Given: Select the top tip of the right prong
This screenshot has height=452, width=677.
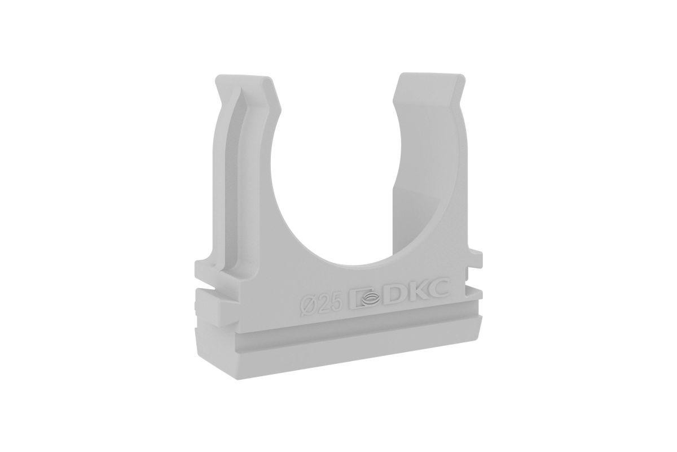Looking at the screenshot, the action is [x=432, y=73].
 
